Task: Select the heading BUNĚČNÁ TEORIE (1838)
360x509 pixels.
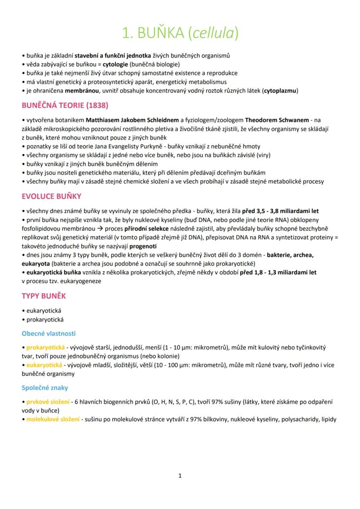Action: [x=65, y=106]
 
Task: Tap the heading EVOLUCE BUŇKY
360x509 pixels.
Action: [x=52, y=196]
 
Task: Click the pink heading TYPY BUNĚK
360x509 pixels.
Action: [x=44, y=296]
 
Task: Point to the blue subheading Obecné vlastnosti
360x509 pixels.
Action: [x=49, y=333]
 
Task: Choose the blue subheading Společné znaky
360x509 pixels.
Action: [x=45, y=387]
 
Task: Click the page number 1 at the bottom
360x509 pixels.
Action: [x=180, y=476]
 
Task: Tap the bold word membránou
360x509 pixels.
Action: [x=81, y=90]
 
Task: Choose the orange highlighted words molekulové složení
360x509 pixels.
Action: [x=53, y=419]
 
